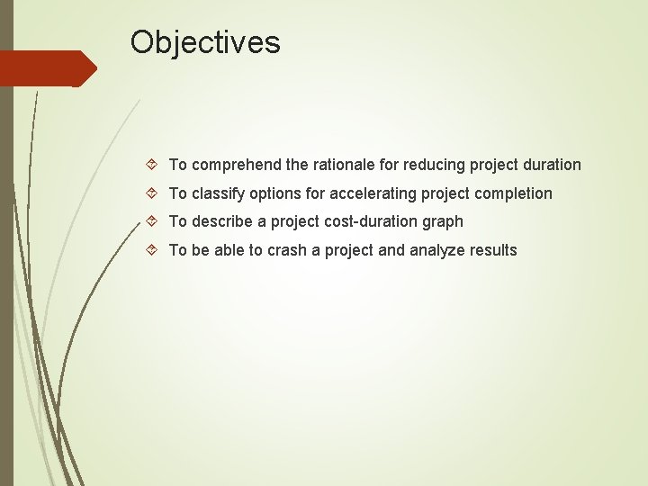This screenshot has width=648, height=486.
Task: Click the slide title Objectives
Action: (x=205, y=42)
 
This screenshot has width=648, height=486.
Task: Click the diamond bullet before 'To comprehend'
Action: (x=151, y=165)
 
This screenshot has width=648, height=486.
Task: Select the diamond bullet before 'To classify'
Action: (x=151, y=193)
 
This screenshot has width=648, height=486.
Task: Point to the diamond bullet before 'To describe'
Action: (x=151, y=221)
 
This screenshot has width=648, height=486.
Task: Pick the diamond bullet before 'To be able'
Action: (x=151, y=250)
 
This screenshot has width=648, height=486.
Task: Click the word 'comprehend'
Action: (x=237, y=165)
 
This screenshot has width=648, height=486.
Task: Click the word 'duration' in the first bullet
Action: (x=550, y=165)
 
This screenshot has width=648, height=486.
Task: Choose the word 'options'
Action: (x=278, y=193)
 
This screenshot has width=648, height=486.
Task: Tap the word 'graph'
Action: (x=443, y=221)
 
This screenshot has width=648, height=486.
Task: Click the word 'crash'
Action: (x=287, y=250)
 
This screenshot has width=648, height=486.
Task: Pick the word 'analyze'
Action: (x=437, y=250)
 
